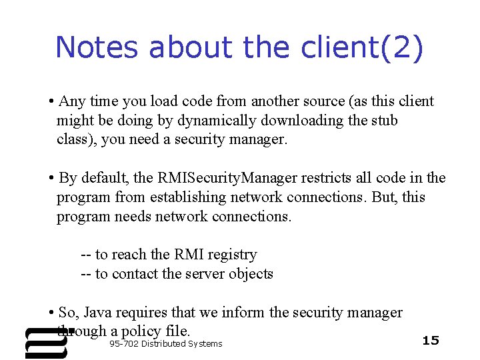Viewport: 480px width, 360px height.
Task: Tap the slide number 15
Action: (431, 341)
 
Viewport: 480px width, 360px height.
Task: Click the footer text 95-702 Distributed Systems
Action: (165, 343)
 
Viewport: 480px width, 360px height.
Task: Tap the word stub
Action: (384, 121)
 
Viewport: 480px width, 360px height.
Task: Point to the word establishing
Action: (191, 197)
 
